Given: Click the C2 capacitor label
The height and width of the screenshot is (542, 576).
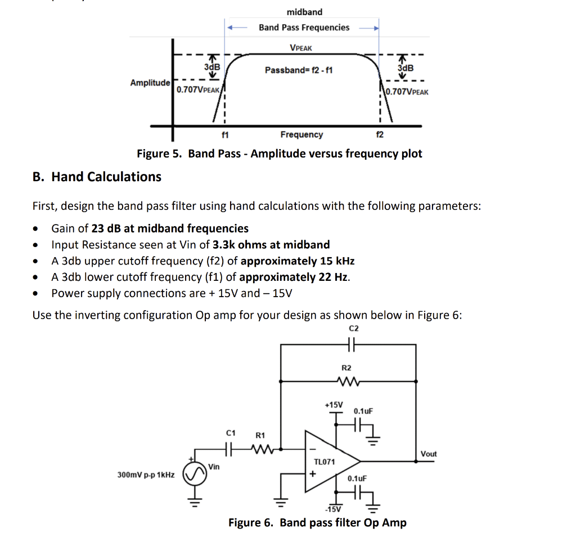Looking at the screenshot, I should click(353, 328).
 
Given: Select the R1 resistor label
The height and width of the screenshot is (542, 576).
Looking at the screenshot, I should click(260, 435).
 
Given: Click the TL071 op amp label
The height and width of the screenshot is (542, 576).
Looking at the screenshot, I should click(325, 462).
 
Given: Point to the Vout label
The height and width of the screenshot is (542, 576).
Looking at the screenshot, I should click(429, 454).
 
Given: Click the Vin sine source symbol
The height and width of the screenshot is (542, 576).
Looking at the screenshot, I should click(195, 477).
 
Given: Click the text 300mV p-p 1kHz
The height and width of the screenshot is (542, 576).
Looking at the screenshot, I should click(146, 475).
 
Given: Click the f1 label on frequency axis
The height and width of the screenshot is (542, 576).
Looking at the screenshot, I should click(225, 135).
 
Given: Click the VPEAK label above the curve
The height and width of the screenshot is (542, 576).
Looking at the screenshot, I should click(300, 48).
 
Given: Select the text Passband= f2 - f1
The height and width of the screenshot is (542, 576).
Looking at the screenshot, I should click(299, 70).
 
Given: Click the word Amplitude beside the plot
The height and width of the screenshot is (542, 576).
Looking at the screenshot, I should click(150, 83).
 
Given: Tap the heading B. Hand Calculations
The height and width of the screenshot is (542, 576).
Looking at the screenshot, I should click(97, 177).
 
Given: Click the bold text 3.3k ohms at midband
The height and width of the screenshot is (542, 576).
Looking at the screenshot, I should click(271, 245).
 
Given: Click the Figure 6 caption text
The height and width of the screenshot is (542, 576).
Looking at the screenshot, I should click(317, 522).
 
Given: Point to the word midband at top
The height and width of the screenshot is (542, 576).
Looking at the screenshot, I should click(304, 12).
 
